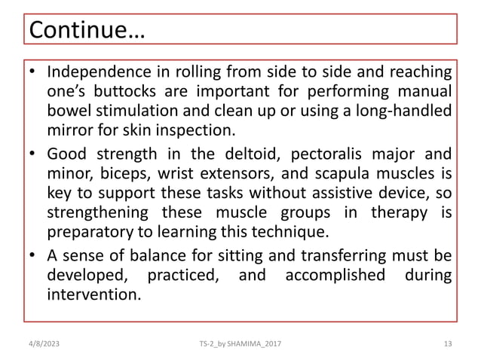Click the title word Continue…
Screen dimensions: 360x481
pyautogui.click(x=85, y=32)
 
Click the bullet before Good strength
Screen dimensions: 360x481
pyautogui.click(x=32, y=157)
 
